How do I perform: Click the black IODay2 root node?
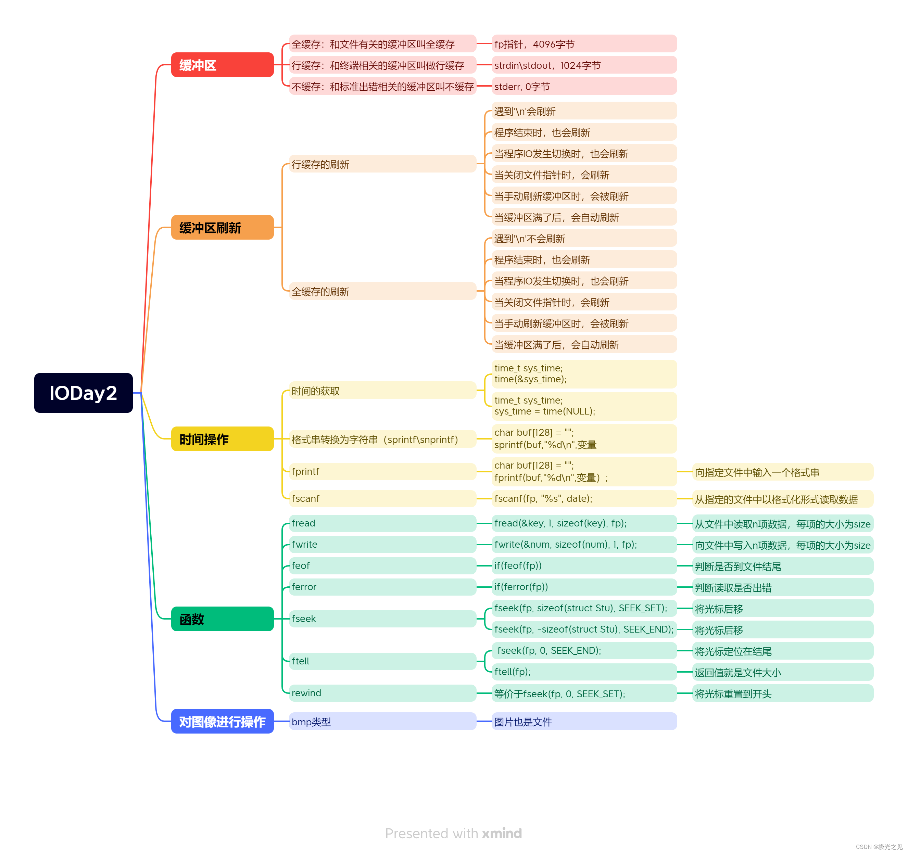point(83,393)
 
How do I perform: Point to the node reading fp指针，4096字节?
point(584,44)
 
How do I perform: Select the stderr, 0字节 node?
point(584,86)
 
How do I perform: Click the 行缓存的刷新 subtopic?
point(382,164)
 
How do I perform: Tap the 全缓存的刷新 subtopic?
point(382,291)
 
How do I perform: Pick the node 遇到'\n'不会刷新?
point(584,238)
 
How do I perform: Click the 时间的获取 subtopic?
point(382,391)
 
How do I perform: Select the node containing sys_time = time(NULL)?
point(584,406)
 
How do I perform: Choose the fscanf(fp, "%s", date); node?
point(584,498)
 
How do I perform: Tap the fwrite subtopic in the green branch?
point(382,544)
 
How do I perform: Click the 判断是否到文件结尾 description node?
point(782,566)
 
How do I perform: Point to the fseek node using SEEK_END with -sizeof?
point(584,629)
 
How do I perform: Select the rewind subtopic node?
point(382,693)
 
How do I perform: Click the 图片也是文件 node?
point(584,722)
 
